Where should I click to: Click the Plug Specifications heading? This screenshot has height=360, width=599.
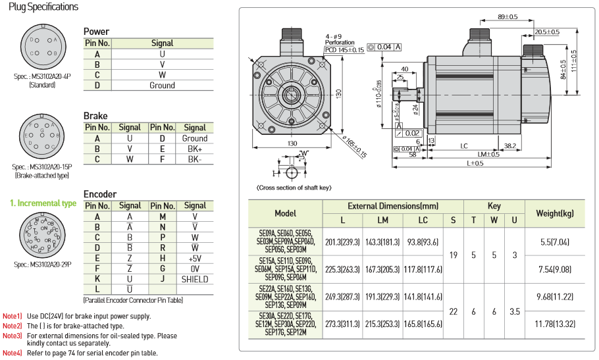tap(43, 7)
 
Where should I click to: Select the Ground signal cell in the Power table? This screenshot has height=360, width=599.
tap(162, 86)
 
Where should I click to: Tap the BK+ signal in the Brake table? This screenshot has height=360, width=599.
tap(195, 149)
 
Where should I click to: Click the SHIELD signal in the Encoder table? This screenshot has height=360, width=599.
tap(195, 279)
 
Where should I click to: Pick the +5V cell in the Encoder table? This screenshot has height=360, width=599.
tap(195, 258)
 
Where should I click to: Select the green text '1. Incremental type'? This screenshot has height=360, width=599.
tap(43, 203)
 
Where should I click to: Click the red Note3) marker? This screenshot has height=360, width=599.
tap(13, 336)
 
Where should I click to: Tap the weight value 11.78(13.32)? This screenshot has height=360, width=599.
tap(555, 323)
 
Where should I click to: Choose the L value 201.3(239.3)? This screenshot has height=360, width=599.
tap(342, 242)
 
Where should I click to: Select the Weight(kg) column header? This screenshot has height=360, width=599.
tap(555, 213)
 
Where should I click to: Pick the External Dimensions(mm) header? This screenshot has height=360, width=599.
tap(392, 206)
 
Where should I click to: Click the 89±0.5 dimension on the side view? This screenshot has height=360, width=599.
tap(508, 16)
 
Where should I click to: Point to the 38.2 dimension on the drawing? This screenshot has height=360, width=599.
tap(509, 146)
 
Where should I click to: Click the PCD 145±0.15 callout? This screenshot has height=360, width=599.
tap(344, 49)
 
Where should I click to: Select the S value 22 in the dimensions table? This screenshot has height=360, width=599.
tap(453, 311)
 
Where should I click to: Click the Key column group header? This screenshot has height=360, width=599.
tap(494, 206)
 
